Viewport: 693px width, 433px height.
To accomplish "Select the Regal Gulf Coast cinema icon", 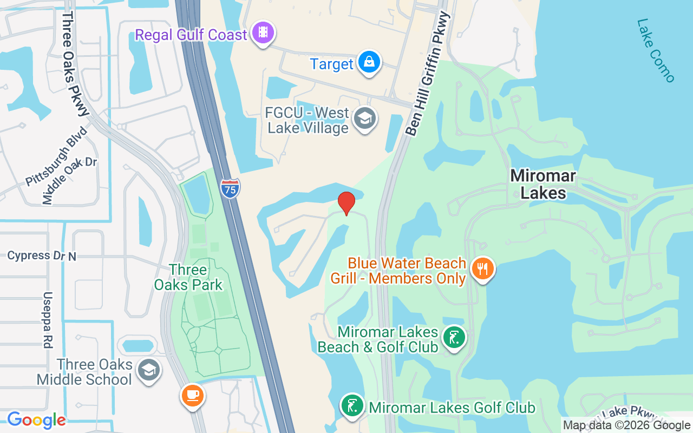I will click(x=263, y=32).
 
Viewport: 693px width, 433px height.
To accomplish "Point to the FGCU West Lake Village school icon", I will click(x=364, y=119).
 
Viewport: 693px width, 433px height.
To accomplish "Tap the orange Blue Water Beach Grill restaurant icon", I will click(x=482, y=268).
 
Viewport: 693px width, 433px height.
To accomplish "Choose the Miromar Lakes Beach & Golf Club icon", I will click(x=453, y=338).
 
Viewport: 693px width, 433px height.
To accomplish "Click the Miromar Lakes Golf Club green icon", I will click(x=352, y=405).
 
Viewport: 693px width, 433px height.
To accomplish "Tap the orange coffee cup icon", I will click(x=192, y=395).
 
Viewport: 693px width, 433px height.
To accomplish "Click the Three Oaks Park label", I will click(x=188, y=277).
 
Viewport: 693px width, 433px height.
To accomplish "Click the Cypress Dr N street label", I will click(x=42, y=255).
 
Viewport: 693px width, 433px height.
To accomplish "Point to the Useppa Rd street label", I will click(x=48, y=320).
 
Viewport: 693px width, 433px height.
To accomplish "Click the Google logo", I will click(x=36, y=419).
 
